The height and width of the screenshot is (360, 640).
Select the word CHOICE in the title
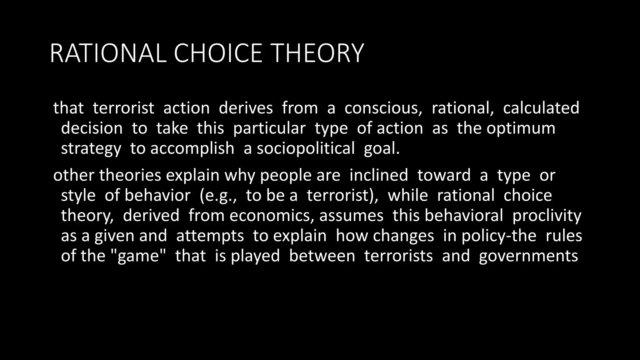point(218,53)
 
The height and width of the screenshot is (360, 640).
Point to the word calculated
point(541,108)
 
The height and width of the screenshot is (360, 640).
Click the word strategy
point(91,149)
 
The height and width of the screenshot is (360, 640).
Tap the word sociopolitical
point(306,148)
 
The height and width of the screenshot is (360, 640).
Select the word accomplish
point(192,148)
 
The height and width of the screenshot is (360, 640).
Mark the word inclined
point(378,175)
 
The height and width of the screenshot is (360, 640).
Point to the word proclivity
point(547,216)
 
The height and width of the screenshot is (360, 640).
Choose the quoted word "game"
point(138,256)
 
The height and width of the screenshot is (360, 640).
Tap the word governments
point(528,256)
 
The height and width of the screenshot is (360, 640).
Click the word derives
point(246,108)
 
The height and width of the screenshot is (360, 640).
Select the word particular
point(269,128)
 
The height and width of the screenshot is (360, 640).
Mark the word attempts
point(210,236)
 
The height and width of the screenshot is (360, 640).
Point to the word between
point(322,256)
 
